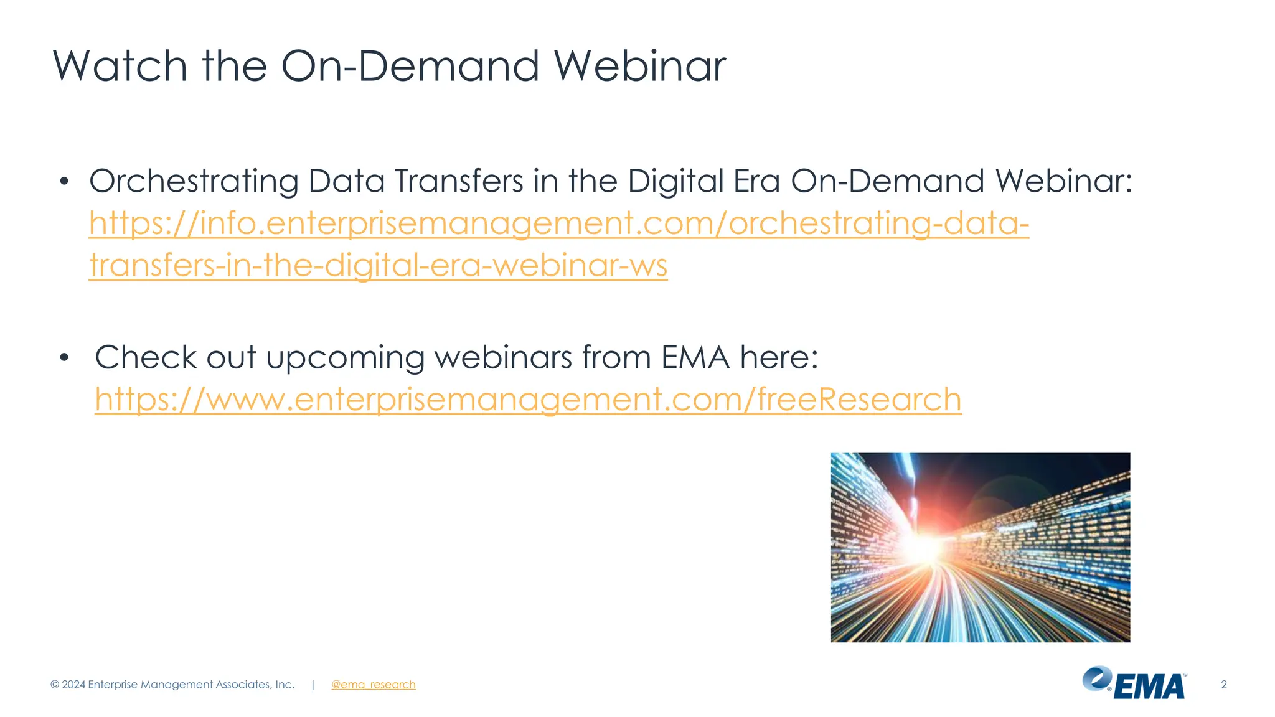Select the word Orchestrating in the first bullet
194,181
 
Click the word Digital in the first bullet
675,181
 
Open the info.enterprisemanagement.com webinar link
558,223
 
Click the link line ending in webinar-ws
378,265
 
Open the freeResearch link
528,399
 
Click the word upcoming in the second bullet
346,357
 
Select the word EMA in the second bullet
695,357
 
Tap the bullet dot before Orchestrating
64,182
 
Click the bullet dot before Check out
64,358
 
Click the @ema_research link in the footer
373,685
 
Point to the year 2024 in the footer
73,685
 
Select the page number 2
1223,685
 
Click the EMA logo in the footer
1134,683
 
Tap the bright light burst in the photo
926,548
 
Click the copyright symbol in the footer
55,685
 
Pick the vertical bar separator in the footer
313,685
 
